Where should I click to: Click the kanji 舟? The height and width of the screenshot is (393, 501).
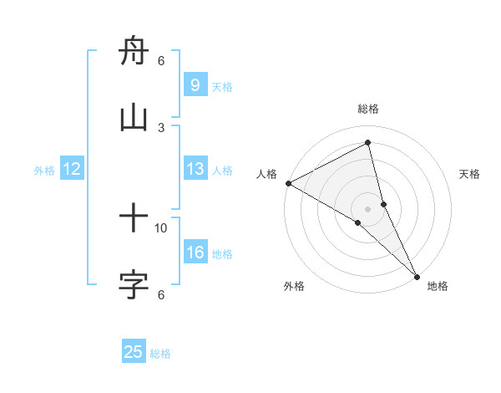point(134,53)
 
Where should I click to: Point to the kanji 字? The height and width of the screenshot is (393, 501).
point(134,285)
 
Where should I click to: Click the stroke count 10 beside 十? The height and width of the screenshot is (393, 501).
point(161,227)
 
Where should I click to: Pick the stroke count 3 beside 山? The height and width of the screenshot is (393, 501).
point(161,127)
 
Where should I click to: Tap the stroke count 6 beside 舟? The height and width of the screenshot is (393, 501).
point(161,61)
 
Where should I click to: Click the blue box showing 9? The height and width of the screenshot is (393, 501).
point(195,85)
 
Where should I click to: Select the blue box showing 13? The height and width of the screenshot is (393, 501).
point(195,169)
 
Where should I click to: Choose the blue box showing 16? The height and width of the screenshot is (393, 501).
point(195,253)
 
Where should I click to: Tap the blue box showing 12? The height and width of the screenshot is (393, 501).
point(72,169)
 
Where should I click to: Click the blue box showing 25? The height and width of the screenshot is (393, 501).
point(134,352)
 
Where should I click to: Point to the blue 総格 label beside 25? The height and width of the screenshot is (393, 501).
point(160,354)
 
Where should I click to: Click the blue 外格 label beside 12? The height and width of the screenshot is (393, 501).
point(44,171)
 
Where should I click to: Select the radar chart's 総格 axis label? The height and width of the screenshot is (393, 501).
point(368,109)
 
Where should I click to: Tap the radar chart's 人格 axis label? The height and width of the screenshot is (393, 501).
point(266,174)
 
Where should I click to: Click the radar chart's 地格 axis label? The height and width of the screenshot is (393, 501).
point(438,286)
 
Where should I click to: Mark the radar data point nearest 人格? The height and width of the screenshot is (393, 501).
point(288,183)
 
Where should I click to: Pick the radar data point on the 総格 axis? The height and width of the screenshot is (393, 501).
point(368,142)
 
